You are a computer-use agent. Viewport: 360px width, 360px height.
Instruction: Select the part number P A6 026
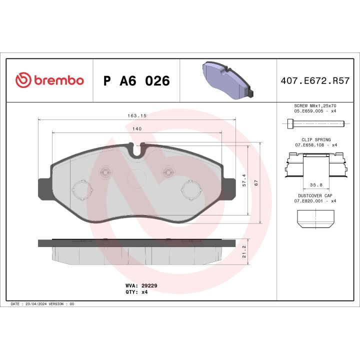[x=136, y=81]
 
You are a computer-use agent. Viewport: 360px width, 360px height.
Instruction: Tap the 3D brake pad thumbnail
[x=228, y=80]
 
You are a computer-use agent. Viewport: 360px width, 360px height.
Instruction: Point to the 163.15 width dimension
[x=136, y=115]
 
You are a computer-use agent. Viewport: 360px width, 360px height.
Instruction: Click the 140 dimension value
[x=137, y=129]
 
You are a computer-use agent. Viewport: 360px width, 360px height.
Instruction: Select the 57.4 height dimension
[x=244, y=180]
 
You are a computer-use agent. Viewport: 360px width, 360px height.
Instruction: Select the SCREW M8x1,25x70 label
[x=315, y=106]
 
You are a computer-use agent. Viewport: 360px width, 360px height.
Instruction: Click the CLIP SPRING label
[x=315, y=140]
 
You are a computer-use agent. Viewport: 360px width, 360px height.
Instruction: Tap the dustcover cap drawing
[x=315, y=218]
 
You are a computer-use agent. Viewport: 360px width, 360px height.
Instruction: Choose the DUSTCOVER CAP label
[x=315, y=196]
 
